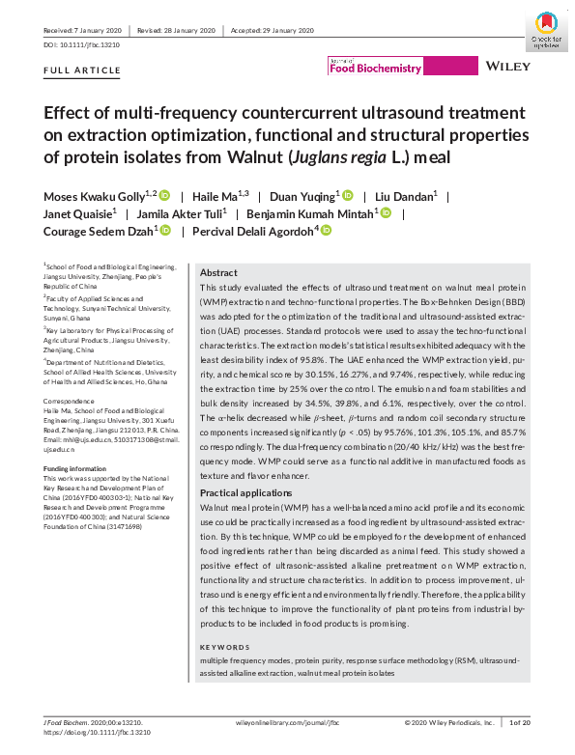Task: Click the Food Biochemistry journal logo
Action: pos(376,68)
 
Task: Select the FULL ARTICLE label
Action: pos(82,70)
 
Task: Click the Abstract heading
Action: pos(217,273)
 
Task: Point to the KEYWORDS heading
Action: pos(225,645)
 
